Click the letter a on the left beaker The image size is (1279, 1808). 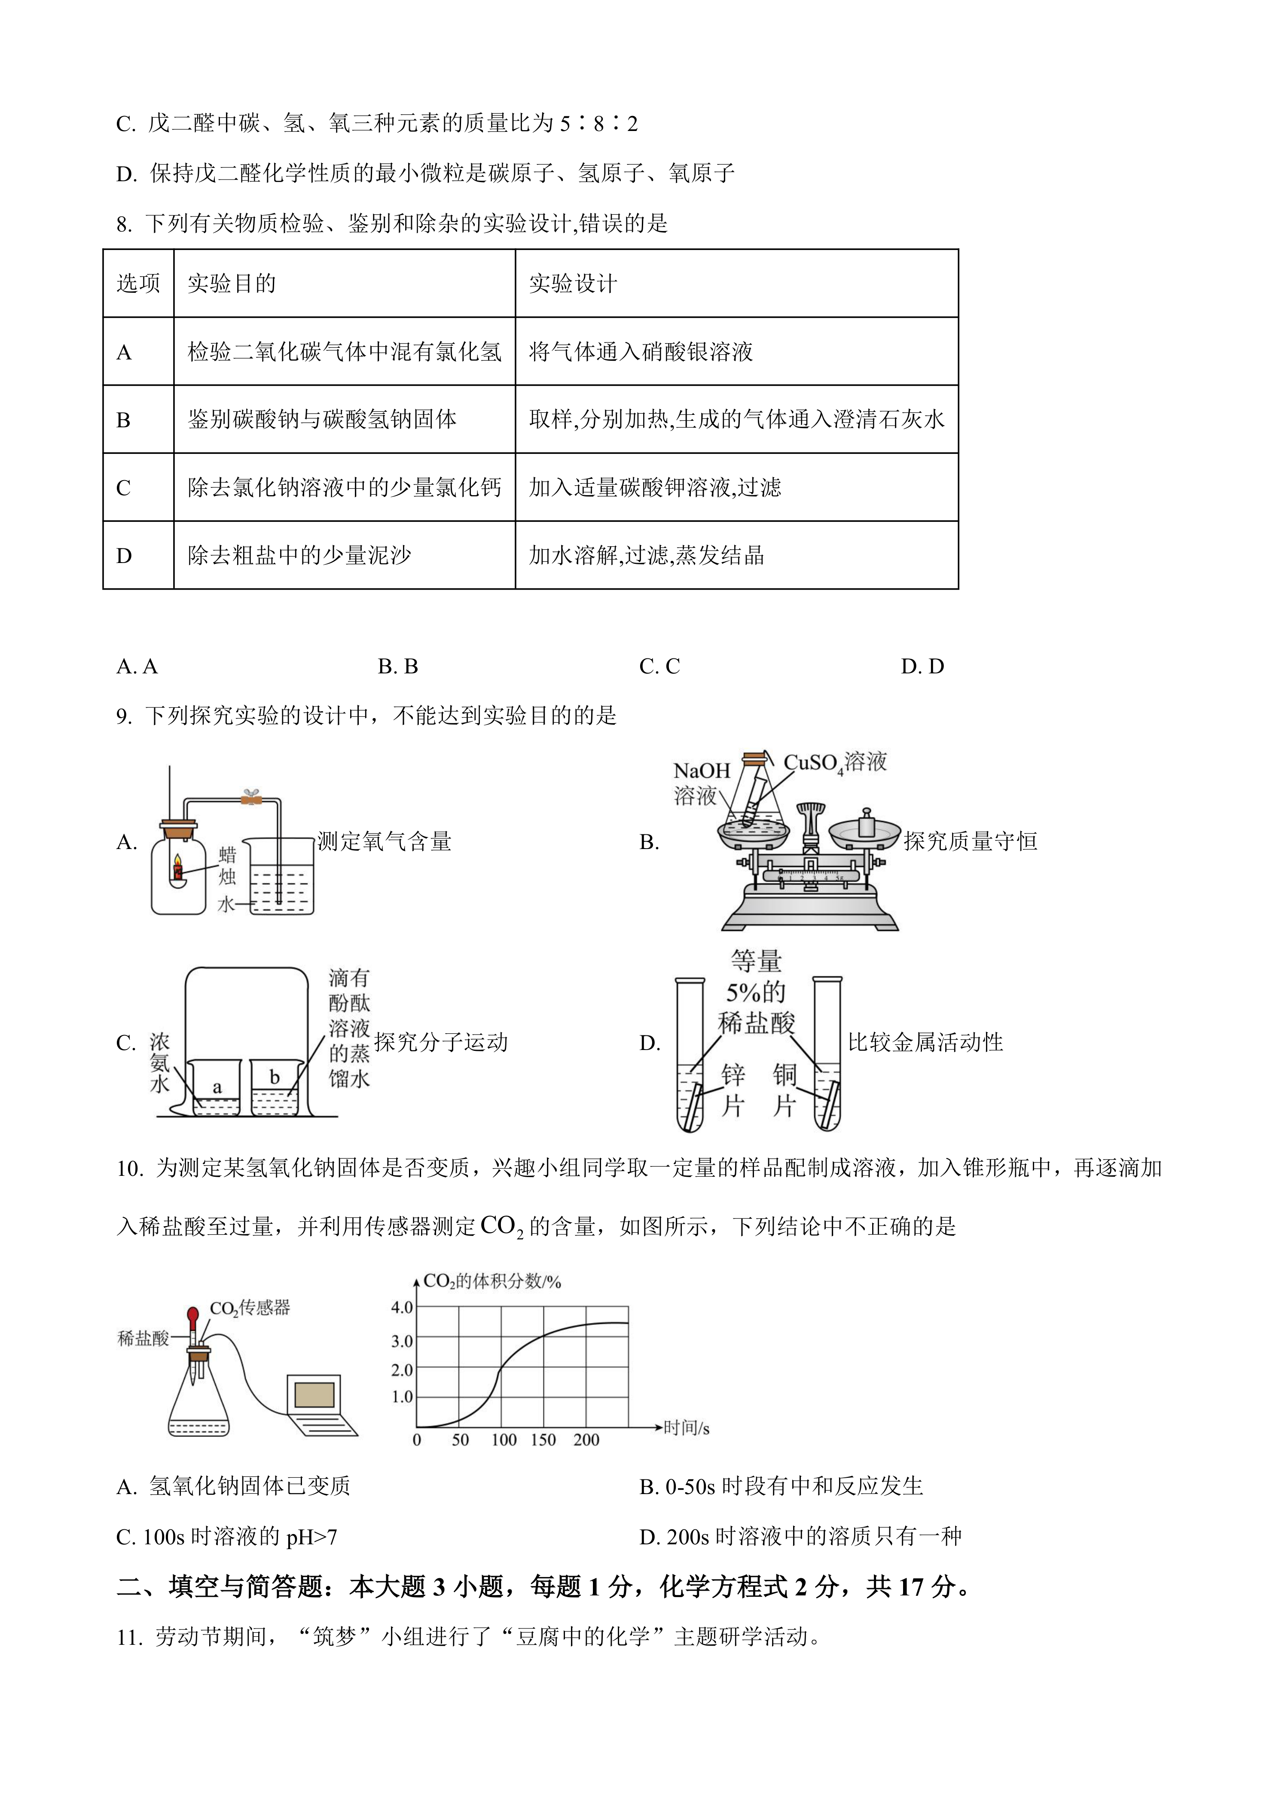[x=217, y=1088]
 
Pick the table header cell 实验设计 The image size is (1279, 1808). [x=573, y=283]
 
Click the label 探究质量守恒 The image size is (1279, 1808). [x=970, y=842]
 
